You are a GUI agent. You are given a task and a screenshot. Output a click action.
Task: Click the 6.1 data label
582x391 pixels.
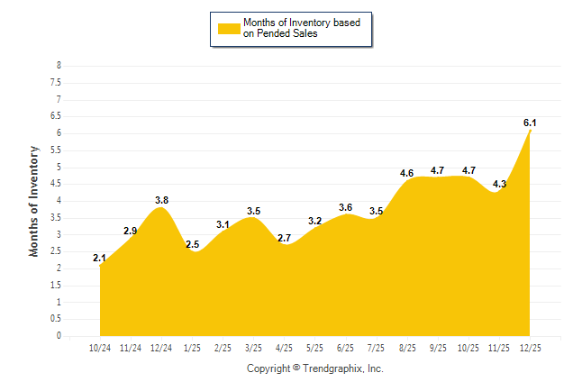point(530,123)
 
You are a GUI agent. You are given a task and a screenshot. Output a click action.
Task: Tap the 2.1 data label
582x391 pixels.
point(99,259)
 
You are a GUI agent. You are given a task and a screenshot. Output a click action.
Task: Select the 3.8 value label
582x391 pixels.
point(161,200)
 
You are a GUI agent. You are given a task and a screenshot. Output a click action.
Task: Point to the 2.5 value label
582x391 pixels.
point(192,244)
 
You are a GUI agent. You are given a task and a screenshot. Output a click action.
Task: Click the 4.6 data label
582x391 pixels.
point(406,173)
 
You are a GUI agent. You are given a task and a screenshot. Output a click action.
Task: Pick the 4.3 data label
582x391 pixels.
point(499,184)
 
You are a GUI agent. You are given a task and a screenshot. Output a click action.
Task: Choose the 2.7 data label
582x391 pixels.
point(284,238)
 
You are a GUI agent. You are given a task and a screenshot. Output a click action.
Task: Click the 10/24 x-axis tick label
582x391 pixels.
point(99,347)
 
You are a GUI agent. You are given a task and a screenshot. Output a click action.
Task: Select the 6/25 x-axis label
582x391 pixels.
point(345,347)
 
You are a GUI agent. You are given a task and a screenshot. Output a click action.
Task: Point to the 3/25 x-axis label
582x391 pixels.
point(253,347)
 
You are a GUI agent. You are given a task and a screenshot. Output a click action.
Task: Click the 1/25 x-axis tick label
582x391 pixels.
point(192,347)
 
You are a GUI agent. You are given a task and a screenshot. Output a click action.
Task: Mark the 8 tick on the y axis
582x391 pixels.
point(59,66)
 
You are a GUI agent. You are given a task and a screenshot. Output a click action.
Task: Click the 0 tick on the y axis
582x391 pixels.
point(59,336)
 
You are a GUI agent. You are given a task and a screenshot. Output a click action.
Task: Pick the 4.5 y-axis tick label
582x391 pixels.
point(56,184)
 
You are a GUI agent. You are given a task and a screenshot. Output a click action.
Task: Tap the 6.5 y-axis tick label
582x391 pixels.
point(56,116)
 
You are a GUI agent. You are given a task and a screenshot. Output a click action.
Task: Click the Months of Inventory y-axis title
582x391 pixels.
point(34,201)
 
